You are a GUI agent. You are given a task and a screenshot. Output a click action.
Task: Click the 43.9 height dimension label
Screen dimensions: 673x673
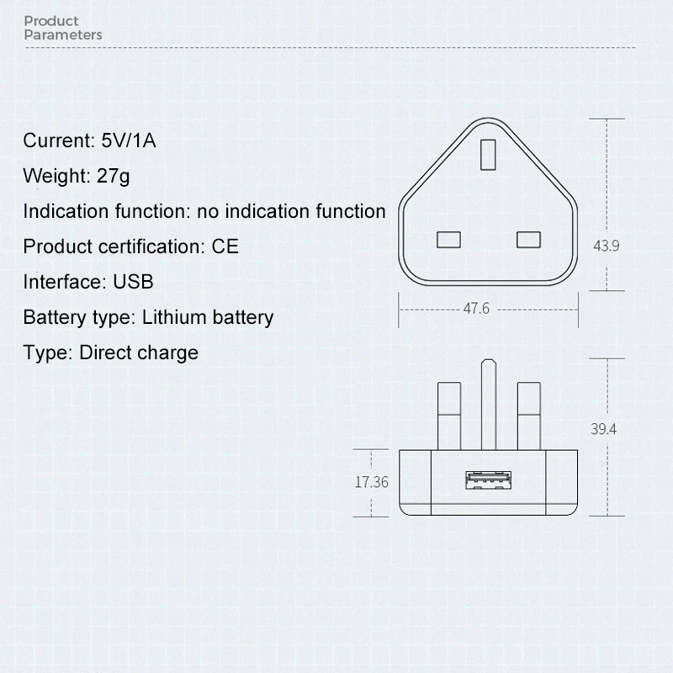[606, 246]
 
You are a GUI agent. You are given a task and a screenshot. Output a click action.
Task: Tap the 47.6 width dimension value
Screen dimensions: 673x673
[476, 309]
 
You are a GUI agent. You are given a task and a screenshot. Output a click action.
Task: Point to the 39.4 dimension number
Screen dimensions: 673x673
[603, 429]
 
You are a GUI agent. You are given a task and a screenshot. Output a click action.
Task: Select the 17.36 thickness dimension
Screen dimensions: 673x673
[371, 482]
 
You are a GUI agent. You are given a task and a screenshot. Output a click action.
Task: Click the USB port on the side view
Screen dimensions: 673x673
[488, 480]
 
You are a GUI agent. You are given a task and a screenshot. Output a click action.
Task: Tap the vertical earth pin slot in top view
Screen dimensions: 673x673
[488, 155]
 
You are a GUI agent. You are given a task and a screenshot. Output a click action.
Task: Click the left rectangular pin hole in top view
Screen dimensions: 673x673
[448, 240]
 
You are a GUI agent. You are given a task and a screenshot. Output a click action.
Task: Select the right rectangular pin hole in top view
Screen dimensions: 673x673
[528, 240]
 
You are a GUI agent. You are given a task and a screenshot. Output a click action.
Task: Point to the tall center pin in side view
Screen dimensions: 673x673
[489, 405]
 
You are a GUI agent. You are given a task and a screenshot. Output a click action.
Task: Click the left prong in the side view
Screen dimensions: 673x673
[449, 416]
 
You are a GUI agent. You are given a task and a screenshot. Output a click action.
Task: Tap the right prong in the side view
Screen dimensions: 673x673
[529, 416]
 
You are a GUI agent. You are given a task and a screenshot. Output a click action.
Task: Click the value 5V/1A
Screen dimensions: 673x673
[129, 140]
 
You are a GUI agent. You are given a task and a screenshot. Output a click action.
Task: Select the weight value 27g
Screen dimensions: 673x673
[113, 177]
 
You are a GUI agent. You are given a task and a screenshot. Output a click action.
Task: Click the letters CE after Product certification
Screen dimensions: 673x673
[225, 246]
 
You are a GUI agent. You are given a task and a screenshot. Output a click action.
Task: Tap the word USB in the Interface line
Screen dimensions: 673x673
[133, 282]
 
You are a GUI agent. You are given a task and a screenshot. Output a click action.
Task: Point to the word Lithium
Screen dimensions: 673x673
[174, 318]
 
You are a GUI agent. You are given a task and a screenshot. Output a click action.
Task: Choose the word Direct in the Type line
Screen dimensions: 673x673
[102, 352]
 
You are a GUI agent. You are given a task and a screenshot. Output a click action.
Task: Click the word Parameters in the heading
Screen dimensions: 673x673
[63, 34]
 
